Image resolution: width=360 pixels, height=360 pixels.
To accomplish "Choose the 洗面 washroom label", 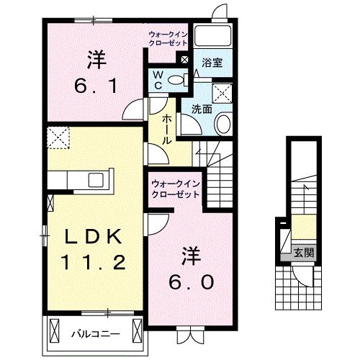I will click(x=202, y=109).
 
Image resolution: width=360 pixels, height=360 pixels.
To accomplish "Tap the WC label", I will click(x=157, y=80).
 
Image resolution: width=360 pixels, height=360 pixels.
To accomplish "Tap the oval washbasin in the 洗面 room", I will click(x=222, y=124).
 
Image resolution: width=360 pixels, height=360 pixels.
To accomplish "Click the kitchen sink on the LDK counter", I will click(x=96, y=179).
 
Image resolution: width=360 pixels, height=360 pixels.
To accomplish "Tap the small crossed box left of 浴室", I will click(x=185, y=61).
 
